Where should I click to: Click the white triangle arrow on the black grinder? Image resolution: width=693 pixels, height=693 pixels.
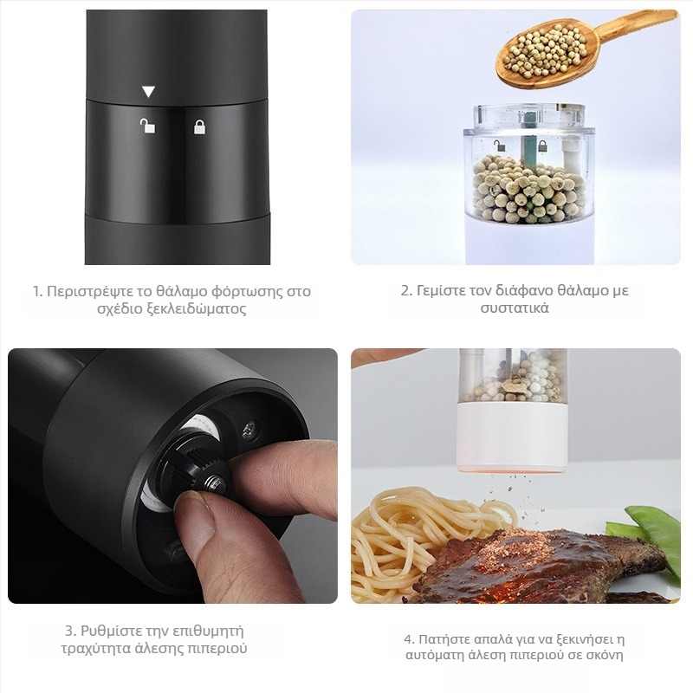[x=148, y=92]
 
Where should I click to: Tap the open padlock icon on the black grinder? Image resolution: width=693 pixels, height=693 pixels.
[x=148, y=126]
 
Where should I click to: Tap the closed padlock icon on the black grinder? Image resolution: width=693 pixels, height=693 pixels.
[x=200, y=127]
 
